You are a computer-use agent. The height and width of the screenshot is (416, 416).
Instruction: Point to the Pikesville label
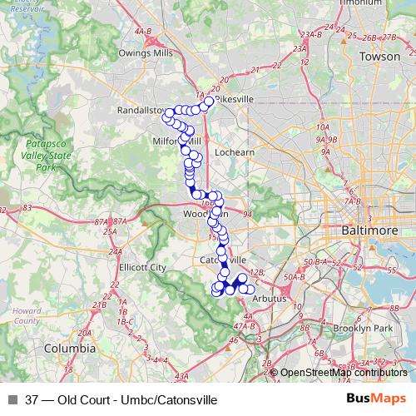coord(233,99)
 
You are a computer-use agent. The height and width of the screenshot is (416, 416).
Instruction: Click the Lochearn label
coord(234,154)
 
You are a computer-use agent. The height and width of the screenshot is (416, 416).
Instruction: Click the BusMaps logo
coord(376,399)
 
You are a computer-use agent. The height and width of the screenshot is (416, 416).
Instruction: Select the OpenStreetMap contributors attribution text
coord(343,373)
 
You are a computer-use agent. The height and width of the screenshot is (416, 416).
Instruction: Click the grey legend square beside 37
coord(12,400)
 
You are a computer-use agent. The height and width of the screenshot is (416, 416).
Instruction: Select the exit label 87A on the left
coord(102,221)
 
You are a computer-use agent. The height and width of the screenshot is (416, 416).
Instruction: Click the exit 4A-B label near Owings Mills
coord(143,32)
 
